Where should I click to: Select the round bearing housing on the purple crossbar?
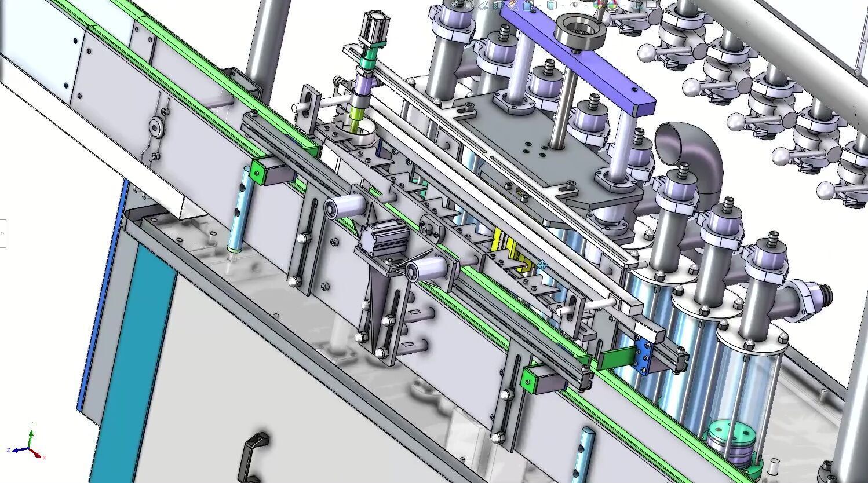click(579, 31)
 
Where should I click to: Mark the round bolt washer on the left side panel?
click(155, 127)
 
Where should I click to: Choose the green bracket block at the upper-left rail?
click(264, 172)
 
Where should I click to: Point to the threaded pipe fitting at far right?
click(811, 298)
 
